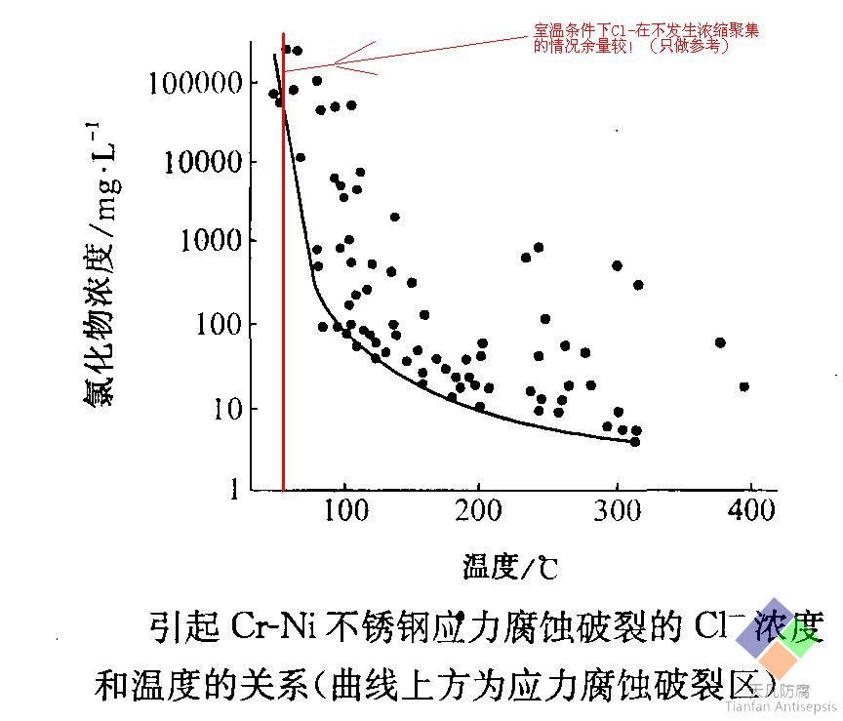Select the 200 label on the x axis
477,511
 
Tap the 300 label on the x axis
616,511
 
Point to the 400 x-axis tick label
750,511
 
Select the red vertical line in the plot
283,293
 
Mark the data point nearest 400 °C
743,386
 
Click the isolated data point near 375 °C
720,342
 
